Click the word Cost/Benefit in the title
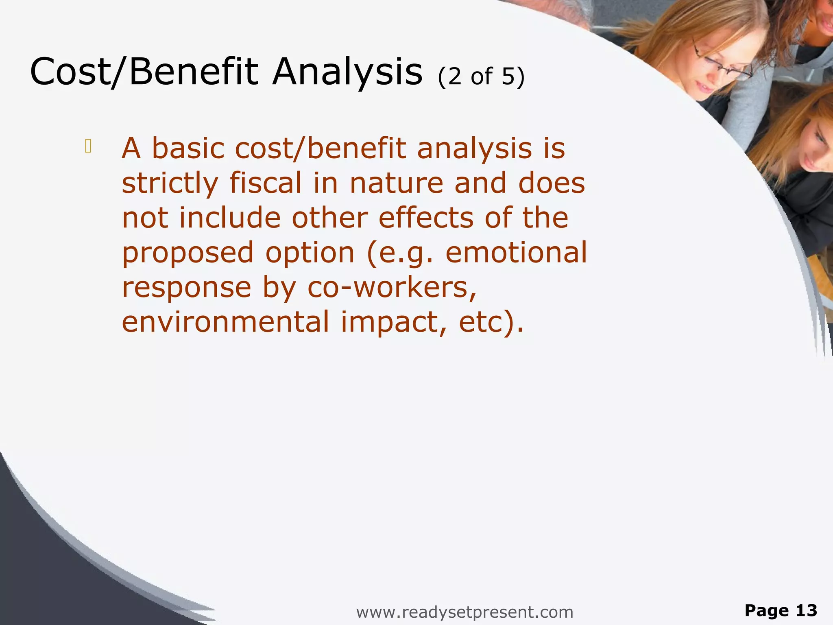(144, 72)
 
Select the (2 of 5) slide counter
(481, 76)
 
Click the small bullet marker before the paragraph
(88, 146)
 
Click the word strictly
(170, 184)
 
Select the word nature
(396, 183)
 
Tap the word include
(230, 218)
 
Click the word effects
(426, 218)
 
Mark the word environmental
(225, 322)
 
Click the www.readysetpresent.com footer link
(464, 612)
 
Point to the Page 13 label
(781, 610)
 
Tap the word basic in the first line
(188, 149)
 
